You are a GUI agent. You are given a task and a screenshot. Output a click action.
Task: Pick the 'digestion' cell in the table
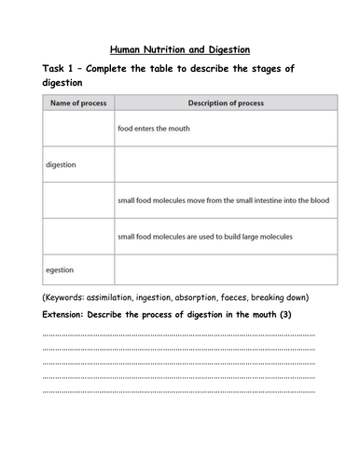click(x=62, y=164)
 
